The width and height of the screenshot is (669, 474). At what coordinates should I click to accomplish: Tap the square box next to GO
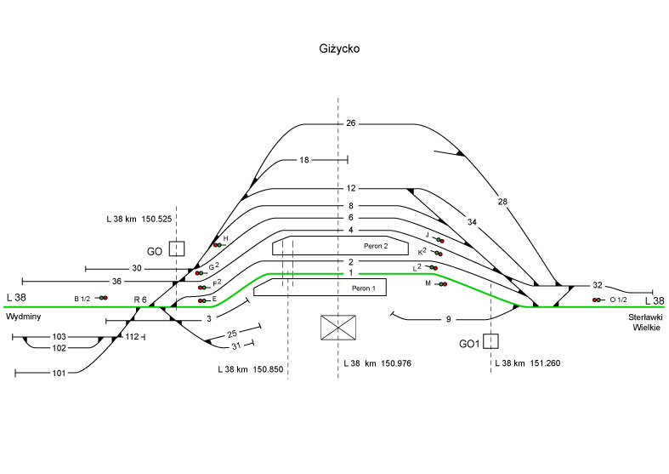click(x=176, y=249)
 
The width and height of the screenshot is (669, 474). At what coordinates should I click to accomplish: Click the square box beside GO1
click(x=490, y=341)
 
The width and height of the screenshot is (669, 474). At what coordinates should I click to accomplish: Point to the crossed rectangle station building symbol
click(x=337, y=328)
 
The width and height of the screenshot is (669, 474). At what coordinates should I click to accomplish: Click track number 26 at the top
click(x=350, y=124)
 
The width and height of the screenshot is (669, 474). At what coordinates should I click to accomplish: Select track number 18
click(x=304, y=160)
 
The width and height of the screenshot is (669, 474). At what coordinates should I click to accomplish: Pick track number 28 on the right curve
click(x=502, y=201)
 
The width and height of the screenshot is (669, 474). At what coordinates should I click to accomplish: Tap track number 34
click(x=472, y=221)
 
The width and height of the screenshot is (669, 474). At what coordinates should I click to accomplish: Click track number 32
click(x=597, y=286)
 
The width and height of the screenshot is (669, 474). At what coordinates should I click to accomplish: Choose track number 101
click(x=58, y=373)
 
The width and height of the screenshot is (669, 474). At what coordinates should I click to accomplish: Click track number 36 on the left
click(x=116, y=281)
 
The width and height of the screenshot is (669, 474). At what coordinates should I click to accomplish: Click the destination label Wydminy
click(x=23, y=316)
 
